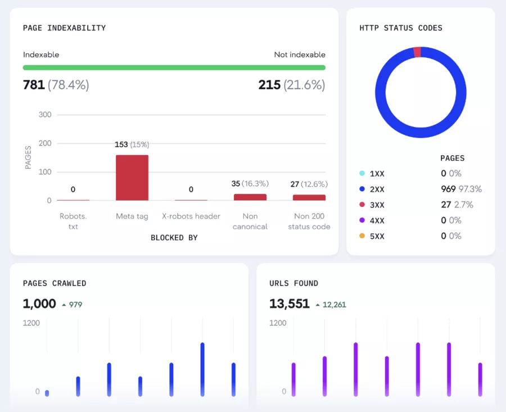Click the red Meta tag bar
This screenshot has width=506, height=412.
pyautogui.click(x=132, y=178)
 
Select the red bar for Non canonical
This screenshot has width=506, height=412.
pyautogui.click(x=250, y=197)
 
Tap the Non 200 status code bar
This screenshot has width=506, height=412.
pyautogui.click(x=309, y=197)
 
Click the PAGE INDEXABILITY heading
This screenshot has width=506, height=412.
pyautogui.click(x=64, y=28)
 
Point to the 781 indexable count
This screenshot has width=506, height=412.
pyautogui.click(x=34, y=85)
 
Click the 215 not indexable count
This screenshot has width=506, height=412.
pyautogui.click(x=269, y=85)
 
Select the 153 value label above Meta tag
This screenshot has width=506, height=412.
pyautogui.click(x=121, y=144)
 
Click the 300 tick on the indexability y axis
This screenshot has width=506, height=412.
pyautogui.click(x=45, y=115)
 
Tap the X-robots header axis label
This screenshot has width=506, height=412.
pyautogui.click(x=191, y=216)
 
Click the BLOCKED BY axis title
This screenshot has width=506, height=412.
pyautogui.click(x=174, y=238)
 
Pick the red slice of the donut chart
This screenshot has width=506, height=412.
pyautogui.click(x=417, y=52)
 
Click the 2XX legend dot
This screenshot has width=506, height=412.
pyautogui.click(x=362, y=189)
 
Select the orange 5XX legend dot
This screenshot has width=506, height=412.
pyautogui.click(x=362, y=236)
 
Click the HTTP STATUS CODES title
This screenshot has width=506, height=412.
pyautogui.click(x=401, y=28)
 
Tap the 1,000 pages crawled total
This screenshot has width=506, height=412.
pyautogui.click(x=39, y=304)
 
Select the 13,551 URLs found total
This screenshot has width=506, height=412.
pyautogui.click(x=290, y=304)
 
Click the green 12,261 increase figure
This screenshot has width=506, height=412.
pyautogui.click(x=334, y=305)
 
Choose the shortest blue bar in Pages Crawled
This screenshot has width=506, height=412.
pyautogui.click(x=47, y=393)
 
